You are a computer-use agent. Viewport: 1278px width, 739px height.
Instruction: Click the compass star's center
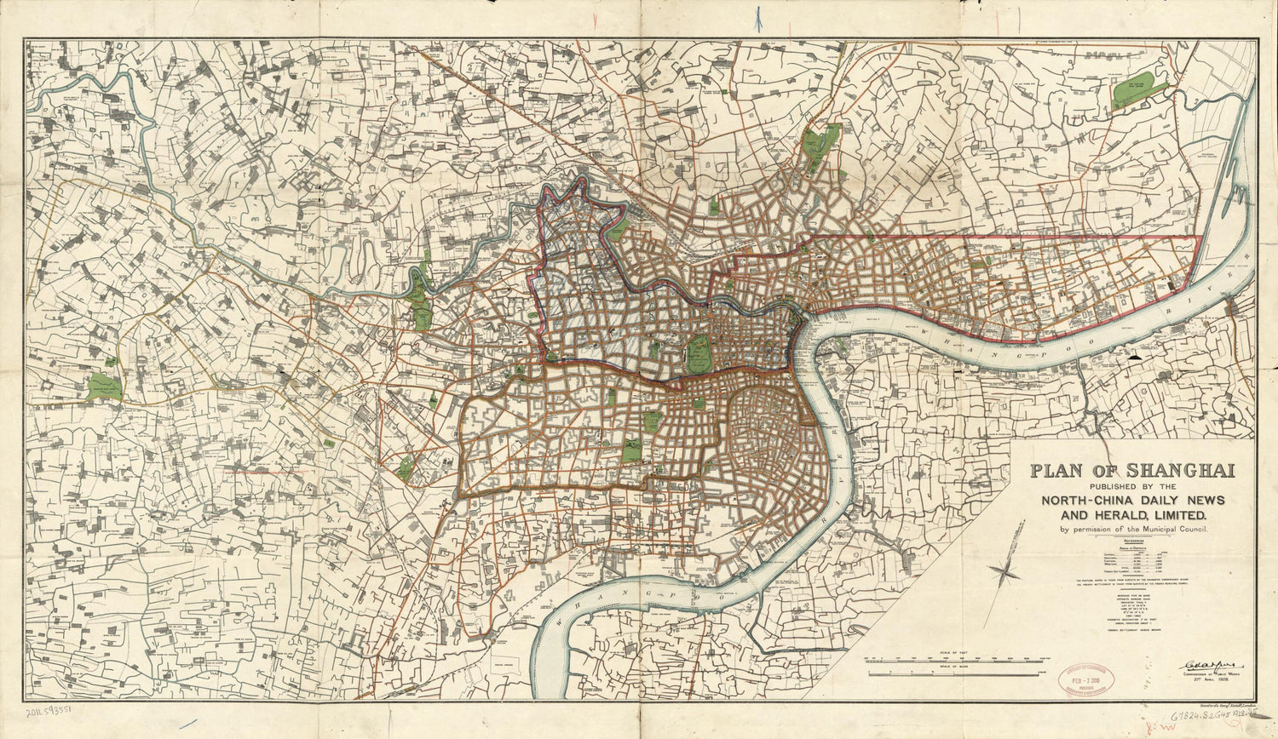pyautogui.click(x=1005, y=571)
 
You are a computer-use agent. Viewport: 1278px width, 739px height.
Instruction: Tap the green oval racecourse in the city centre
pyautogui.click(x=699, y=352)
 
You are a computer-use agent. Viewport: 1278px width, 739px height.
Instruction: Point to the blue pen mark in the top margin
pyautogui.click(x=758, y=18)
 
